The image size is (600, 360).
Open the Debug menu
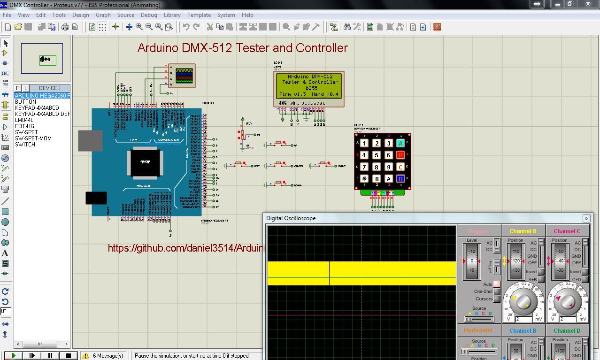(149, 15)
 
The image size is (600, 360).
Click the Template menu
(199, 15)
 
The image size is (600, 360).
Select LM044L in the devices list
(24, 120)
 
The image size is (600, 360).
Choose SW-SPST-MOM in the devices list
(33, 138)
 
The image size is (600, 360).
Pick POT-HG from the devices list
(24, 126)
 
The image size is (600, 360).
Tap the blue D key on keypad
(400, 179)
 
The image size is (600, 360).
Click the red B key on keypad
(400, 155)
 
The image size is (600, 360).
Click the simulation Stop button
(68, 356)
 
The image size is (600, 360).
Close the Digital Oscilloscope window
(586, 218)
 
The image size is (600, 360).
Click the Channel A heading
(523, 231)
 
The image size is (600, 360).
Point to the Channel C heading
(567, 231)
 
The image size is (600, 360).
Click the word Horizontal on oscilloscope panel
(478, 330)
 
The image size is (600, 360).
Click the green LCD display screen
(308, 85)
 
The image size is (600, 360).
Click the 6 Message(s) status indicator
(103, 356)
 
